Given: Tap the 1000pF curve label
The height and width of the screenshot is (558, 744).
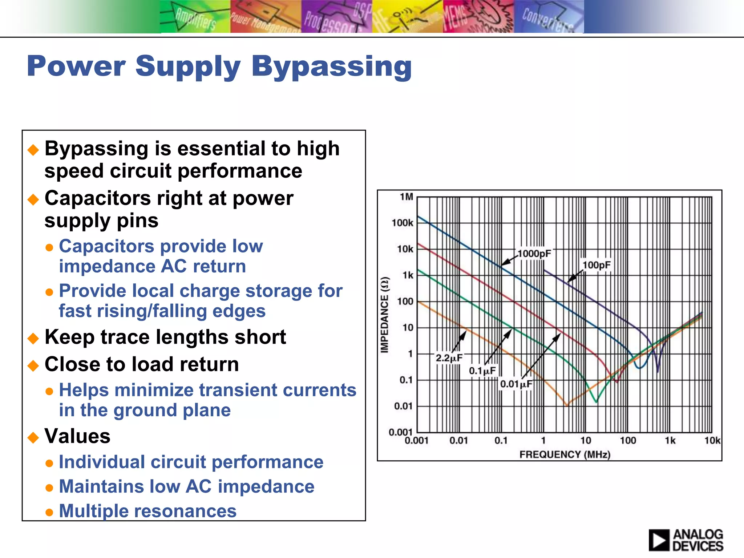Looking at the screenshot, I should pos(534,254).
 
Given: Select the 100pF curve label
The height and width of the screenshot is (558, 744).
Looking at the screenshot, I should pos(597,265).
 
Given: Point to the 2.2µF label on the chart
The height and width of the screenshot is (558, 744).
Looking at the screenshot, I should pos(449,358).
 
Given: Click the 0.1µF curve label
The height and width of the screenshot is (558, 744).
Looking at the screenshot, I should pos(482,371).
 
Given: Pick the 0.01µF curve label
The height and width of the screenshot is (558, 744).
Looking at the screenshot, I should pos(516,384).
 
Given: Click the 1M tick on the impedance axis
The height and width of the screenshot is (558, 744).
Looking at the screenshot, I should pos(406,197).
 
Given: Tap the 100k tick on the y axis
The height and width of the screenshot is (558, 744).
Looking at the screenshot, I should pos(402,223).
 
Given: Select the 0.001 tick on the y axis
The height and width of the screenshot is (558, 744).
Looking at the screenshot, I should pos(400,432).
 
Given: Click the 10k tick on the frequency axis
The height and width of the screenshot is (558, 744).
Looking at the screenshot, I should pos(712,441).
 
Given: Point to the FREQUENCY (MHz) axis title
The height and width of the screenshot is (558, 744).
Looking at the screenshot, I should pos(565,454).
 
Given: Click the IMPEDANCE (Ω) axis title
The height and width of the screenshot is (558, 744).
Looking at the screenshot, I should pos(385,315).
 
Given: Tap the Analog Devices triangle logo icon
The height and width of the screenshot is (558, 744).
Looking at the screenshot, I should pos(659,540).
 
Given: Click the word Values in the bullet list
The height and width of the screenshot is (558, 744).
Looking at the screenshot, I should pos(77,436).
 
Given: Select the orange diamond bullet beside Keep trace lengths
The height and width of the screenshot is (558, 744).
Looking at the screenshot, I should pos(33,338).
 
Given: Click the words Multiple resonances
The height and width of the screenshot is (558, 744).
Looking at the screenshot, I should pos(147,511).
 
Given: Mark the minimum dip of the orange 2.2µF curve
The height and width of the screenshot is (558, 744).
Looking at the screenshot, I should pos(566,405).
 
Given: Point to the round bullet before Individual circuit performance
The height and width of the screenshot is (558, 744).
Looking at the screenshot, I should pos(49,463).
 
